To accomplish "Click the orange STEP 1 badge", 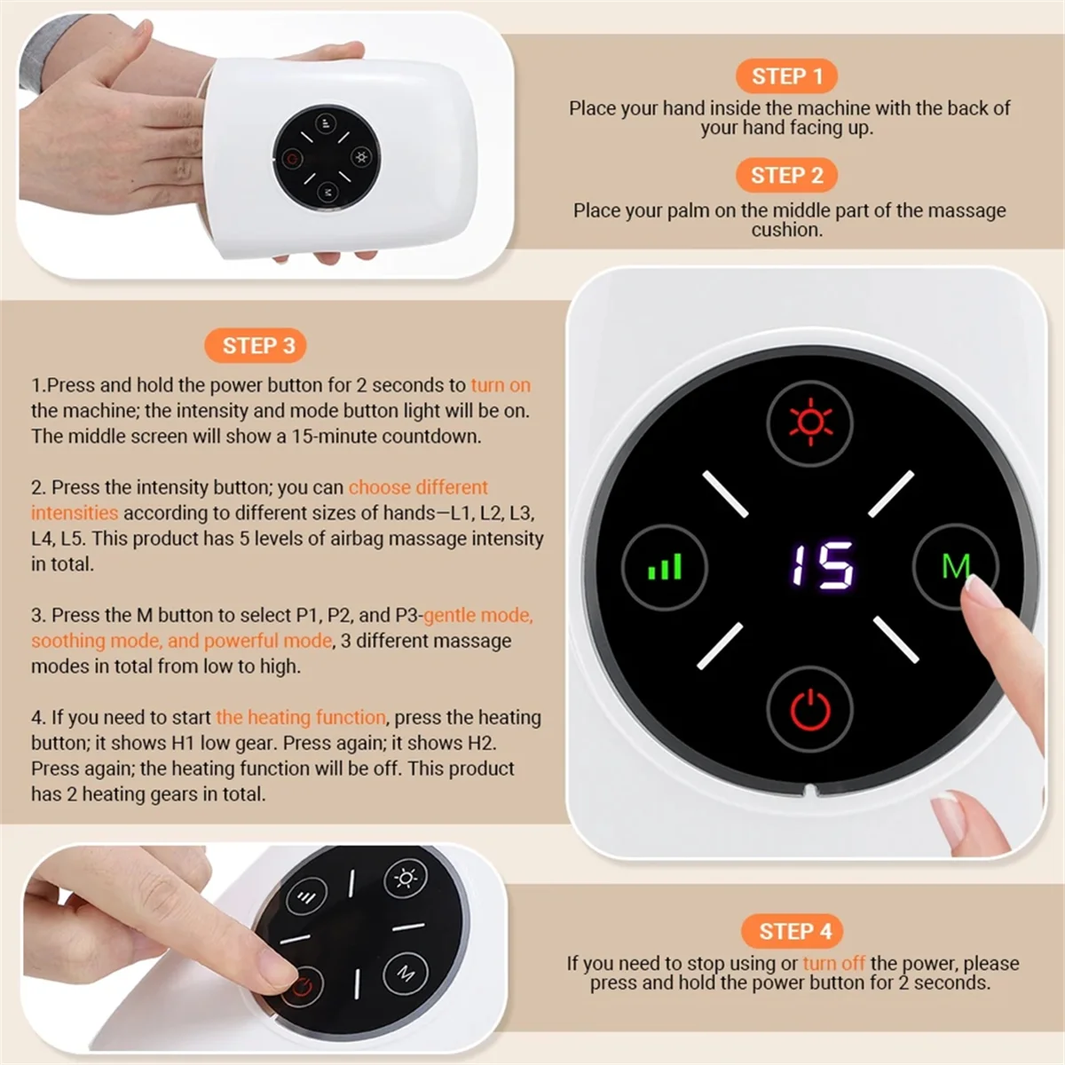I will (786, 76).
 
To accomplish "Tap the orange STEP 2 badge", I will (786, 176).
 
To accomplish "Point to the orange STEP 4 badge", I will (794, 931).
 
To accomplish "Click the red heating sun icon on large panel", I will (809, 422).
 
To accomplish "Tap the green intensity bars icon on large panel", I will (665, 566).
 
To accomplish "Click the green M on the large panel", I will (954, 565).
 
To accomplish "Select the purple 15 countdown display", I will (823, 565).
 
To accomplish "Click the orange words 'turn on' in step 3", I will (501, 385).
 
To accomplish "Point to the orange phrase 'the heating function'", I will (301, 717).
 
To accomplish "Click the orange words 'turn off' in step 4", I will (833, 963).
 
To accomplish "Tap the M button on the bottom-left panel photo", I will (406, 973).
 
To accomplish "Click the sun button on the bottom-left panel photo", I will (406, 879).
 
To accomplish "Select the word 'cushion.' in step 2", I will (786, 230).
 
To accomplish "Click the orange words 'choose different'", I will (418, 487).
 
